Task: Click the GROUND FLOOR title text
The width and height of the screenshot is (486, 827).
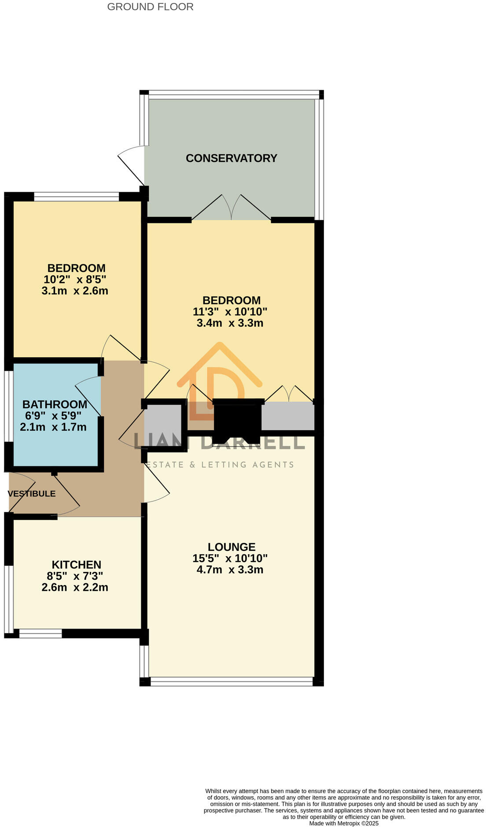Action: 150,7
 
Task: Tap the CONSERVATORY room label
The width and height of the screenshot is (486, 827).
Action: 231,158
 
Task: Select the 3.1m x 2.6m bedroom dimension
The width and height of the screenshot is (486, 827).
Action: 75,291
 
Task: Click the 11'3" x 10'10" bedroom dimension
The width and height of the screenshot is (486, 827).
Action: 230,312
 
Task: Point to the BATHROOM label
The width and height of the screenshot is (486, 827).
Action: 55,404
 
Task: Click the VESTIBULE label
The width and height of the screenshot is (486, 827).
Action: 32,494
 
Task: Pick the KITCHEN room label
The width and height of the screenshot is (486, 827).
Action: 76,564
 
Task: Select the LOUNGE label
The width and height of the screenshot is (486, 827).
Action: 231,547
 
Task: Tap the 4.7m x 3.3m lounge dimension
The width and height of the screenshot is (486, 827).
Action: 230,570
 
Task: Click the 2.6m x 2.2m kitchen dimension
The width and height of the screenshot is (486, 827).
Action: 75,587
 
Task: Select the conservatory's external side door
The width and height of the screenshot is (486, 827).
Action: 131,165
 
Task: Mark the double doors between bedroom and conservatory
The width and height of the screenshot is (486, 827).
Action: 231,208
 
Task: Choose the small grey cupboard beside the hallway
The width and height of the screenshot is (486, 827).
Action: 162,424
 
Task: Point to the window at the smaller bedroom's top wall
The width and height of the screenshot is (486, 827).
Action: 77,197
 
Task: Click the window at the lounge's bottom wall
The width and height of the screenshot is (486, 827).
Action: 232,682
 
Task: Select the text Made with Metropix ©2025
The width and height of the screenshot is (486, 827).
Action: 343,823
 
